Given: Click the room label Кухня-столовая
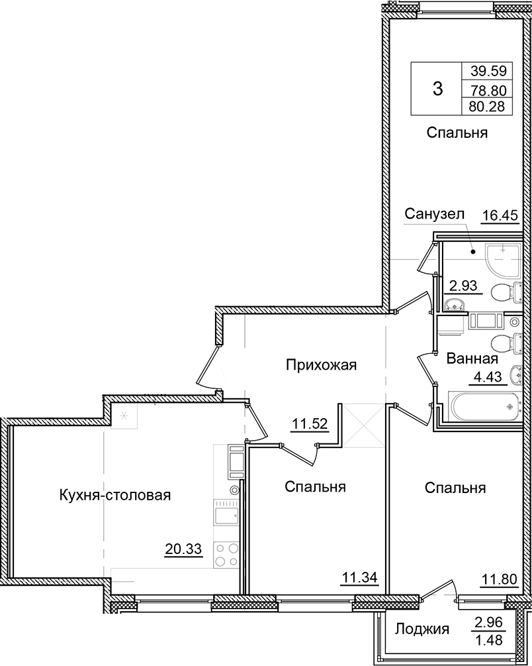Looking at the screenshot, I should pos(115,495).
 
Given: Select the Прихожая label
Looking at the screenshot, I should pos(322,364).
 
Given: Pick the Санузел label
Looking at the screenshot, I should pos(436,213).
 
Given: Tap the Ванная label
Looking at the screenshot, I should pos(472,359).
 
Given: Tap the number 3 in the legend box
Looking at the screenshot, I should pos(437,88).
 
